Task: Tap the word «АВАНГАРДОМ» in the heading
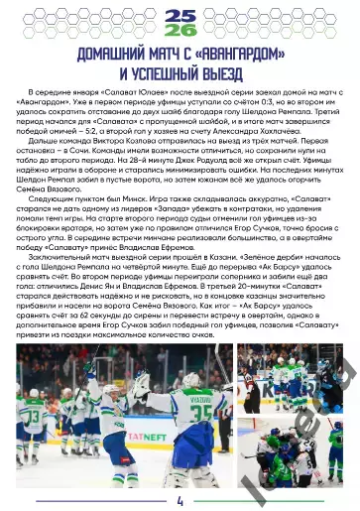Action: click(x=232, y=54)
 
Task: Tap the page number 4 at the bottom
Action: click(x=180, y=500)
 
